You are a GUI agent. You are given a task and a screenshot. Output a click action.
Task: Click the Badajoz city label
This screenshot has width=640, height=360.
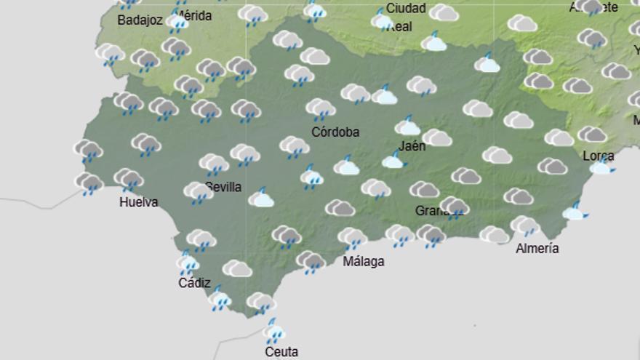(x=140, y=20)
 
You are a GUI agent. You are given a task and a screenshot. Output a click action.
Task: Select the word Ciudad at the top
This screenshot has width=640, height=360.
(x=406, y=9)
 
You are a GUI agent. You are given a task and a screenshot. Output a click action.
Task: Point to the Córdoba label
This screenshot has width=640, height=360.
(x=335, y=132)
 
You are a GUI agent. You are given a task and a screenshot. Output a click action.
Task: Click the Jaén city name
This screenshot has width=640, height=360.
(x=412, y=145)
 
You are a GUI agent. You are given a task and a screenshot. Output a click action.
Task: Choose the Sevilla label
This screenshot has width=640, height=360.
(x=224, y=187)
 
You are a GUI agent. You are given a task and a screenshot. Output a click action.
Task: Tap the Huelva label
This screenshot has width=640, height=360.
(x=138, y=202)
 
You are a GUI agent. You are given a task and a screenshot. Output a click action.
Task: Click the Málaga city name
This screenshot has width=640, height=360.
(x=363, y=261)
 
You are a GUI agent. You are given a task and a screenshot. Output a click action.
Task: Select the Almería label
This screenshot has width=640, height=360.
(x=537, y=248)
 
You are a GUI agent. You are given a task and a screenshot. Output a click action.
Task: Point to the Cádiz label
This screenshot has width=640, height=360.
(x=194, y=283)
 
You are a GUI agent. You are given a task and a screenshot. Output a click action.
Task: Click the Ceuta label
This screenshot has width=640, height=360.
(x=281, y=352)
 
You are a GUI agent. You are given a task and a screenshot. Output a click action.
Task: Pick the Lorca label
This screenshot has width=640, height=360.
(x=598, y=156)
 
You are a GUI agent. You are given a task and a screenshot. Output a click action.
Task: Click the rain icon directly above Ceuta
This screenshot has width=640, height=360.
(x=274, y=332)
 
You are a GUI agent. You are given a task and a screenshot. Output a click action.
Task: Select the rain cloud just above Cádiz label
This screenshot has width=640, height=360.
(x=188, y=262)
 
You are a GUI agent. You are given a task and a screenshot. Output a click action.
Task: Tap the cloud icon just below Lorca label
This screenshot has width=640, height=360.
(x=601, y=168)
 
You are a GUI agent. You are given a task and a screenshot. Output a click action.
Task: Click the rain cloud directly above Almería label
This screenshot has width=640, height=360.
(x=524, y=226)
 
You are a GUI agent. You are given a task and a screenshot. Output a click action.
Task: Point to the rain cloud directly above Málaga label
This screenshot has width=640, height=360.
(x=353, y=238)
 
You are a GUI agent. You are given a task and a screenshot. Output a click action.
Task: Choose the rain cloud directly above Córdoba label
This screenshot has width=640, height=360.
(x=321, y=109)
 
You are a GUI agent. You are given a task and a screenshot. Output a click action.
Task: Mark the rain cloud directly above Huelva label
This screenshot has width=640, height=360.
(x=129, y=178)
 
